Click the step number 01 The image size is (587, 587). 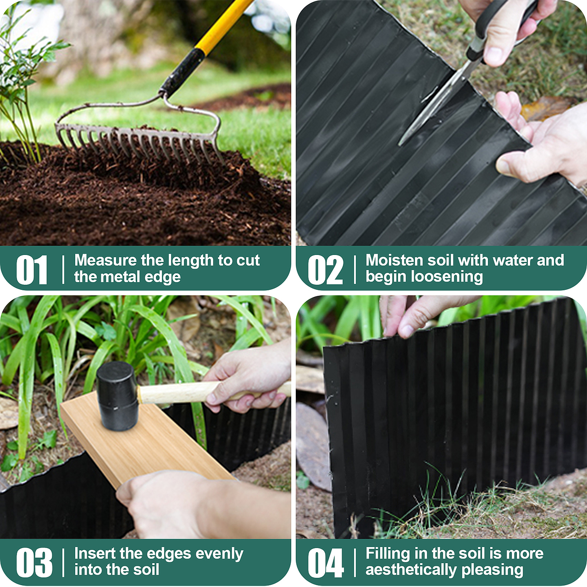(32, 270)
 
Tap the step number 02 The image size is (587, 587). (325, 270)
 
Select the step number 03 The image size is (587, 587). (34, 563)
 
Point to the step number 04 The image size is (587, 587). (326, 563)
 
